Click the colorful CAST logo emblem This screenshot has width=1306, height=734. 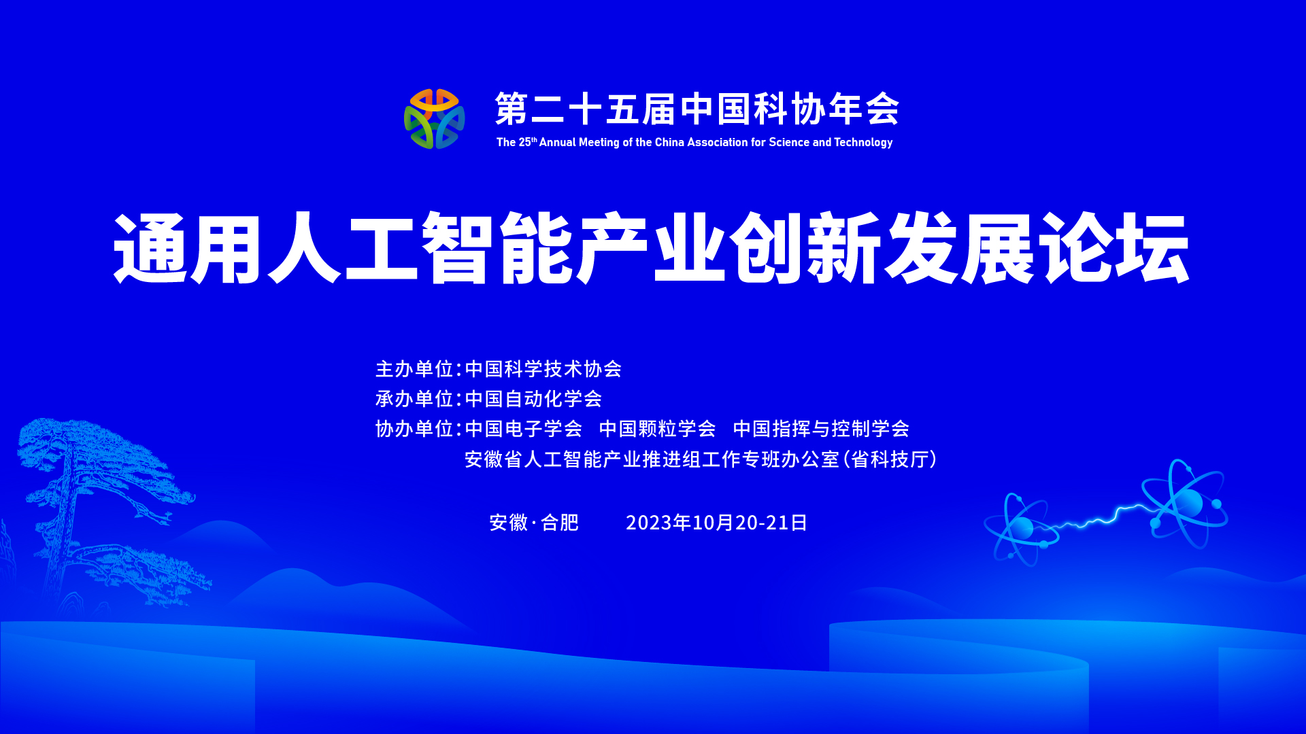point(434,119)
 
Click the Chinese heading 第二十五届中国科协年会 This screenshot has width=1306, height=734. point(697,109)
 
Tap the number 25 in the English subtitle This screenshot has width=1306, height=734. point(524,143)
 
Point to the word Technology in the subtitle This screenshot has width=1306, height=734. point(863,143)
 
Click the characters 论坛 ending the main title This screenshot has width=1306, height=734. point(1116,247)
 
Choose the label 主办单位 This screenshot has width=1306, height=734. point(414,369)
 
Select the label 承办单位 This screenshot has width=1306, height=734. point(414,399)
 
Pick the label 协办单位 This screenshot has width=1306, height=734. point(414,429)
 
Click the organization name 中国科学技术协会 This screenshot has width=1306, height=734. point(543,369)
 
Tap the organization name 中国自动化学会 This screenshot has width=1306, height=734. point(534,399)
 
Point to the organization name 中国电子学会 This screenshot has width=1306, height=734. point(524,429)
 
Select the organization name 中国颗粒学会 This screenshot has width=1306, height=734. point(658,429)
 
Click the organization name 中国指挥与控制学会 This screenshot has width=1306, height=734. point(821,429)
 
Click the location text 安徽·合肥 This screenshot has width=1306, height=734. point(534,523)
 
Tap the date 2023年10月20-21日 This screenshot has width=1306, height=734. point(716,523)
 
